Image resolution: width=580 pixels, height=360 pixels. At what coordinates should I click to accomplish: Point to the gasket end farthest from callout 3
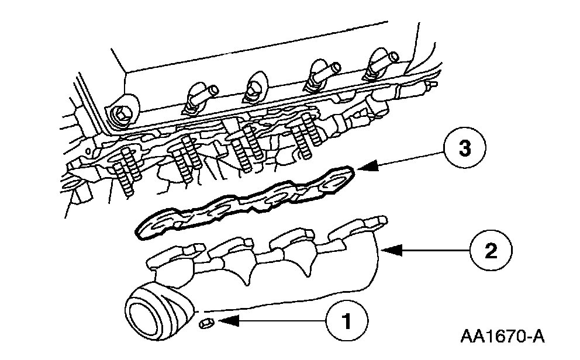coord(149,227)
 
